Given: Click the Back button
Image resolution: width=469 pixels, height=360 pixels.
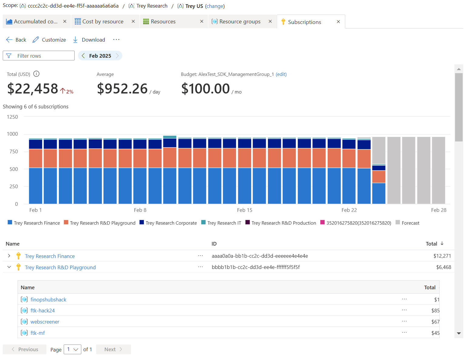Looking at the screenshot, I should pyautogui.click(x=16, y=40).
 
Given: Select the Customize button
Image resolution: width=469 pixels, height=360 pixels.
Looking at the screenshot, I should pyautogui.click(x=49, y=40).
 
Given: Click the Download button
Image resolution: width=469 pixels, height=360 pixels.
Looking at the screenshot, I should pyautogui.click(x=89, y=40).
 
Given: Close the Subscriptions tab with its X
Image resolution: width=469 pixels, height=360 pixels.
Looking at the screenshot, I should pyautogui.click(x=338, y=22).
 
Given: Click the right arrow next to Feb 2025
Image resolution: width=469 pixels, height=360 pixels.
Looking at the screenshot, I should pyautogui.click(x=117, y=56).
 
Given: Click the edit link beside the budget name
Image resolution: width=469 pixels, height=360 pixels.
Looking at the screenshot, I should pyautogui.click(x=281, y=74).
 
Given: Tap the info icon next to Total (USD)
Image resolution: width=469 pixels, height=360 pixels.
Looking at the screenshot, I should pyautogui.click(x=36, y=74).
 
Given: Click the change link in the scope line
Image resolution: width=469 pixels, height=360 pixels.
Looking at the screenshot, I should pyautogui.click(x=215, y=6).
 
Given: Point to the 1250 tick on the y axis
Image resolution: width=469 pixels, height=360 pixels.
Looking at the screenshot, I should pyautogui.click(x=12, y=117).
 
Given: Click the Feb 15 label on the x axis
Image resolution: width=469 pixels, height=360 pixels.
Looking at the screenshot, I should pyautogui.click(x=245, y=210).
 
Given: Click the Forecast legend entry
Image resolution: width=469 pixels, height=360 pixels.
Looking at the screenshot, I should pyautogui.click(x=410, y=223).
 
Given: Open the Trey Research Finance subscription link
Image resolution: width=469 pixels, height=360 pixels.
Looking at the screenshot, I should pyautogui.click(x=50, y=256).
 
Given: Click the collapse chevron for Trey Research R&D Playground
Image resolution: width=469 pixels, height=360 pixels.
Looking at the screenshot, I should pyautogui.click(x=9, y=267).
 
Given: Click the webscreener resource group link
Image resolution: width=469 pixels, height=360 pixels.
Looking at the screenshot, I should pyautogui.click(x=45, y=322).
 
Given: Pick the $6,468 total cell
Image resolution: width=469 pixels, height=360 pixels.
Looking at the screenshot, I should pyautogui.click(x=444, y=267).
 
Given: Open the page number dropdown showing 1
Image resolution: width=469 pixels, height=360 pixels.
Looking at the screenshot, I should pyautogui.click(x=73, y=349).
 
